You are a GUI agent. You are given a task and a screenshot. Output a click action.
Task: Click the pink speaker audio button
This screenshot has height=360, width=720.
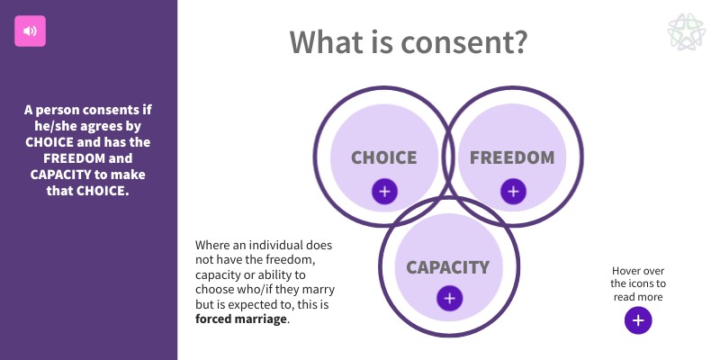click(x=30, y=31)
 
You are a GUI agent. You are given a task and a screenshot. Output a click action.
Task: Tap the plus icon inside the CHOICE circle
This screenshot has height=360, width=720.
click(x=384, y=191)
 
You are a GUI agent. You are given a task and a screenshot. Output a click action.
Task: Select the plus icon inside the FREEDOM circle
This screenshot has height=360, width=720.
click(x=513, y=191)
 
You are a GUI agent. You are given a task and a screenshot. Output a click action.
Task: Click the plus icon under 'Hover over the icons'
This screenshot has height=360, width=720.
click(x=638, y=320)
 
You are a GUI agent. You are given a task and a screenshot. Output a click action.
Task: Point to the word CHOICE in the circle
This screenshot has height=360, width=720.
click(x=384, y=157)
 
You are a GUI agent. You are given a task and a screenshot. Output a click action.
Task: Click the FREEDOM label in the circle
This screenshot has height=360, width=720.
click(x=512, y=157)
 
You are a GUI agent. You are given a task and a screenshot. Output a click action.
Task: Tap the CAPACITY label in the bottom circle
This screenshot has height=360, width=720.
click(x=447, y=266)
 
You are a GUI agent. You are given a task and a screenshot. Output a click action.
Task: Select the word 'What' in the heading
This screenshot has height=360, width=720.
click(x=329, y=41)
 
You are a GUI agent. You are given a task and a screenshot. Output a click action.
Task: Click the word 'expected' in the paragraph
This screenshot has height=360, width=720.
click(x=239, y=304)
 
